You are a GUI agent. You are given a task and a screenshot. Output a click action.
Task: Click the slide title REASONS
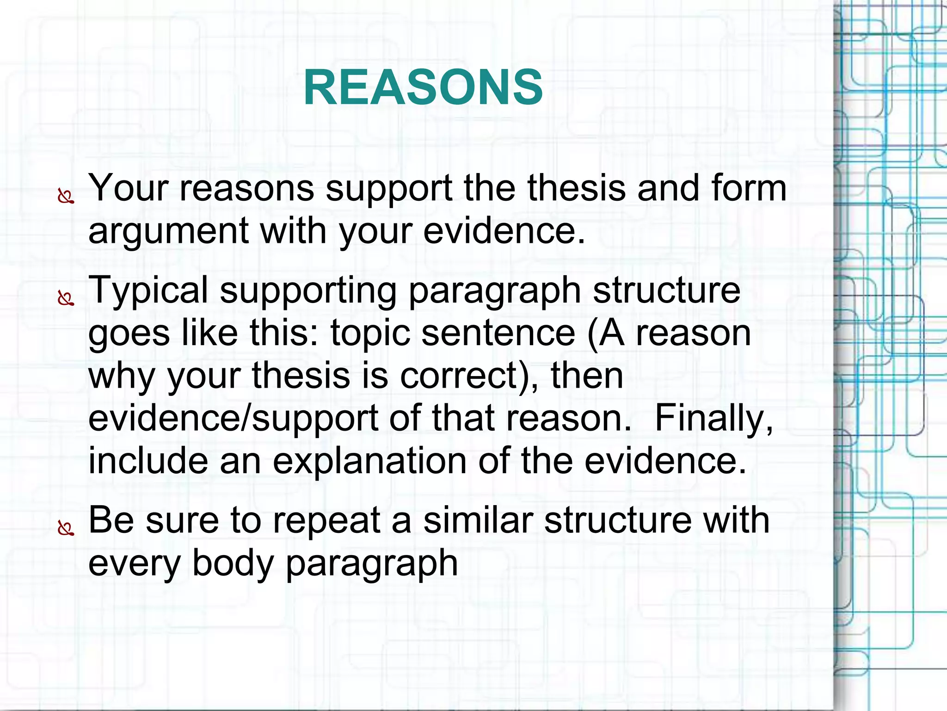423,87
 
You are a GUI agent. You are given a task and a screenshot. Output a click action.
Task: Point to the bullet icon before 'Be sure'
66,528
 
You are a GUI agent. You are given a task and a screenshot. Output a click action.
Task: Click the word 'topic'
370,334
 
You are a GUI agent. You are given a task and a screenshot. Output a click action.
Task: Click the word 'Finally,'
714,418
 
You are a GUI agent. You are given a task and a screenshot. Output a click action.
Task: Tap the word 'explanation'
369,461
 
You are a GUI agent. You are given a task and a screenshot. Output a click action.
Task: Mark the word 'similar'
478,520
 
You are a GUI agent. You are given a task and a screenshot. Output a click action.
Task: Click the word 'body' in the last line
233,563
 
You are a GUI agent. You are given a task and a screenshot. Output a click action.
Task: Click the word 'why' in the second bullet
122,376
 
